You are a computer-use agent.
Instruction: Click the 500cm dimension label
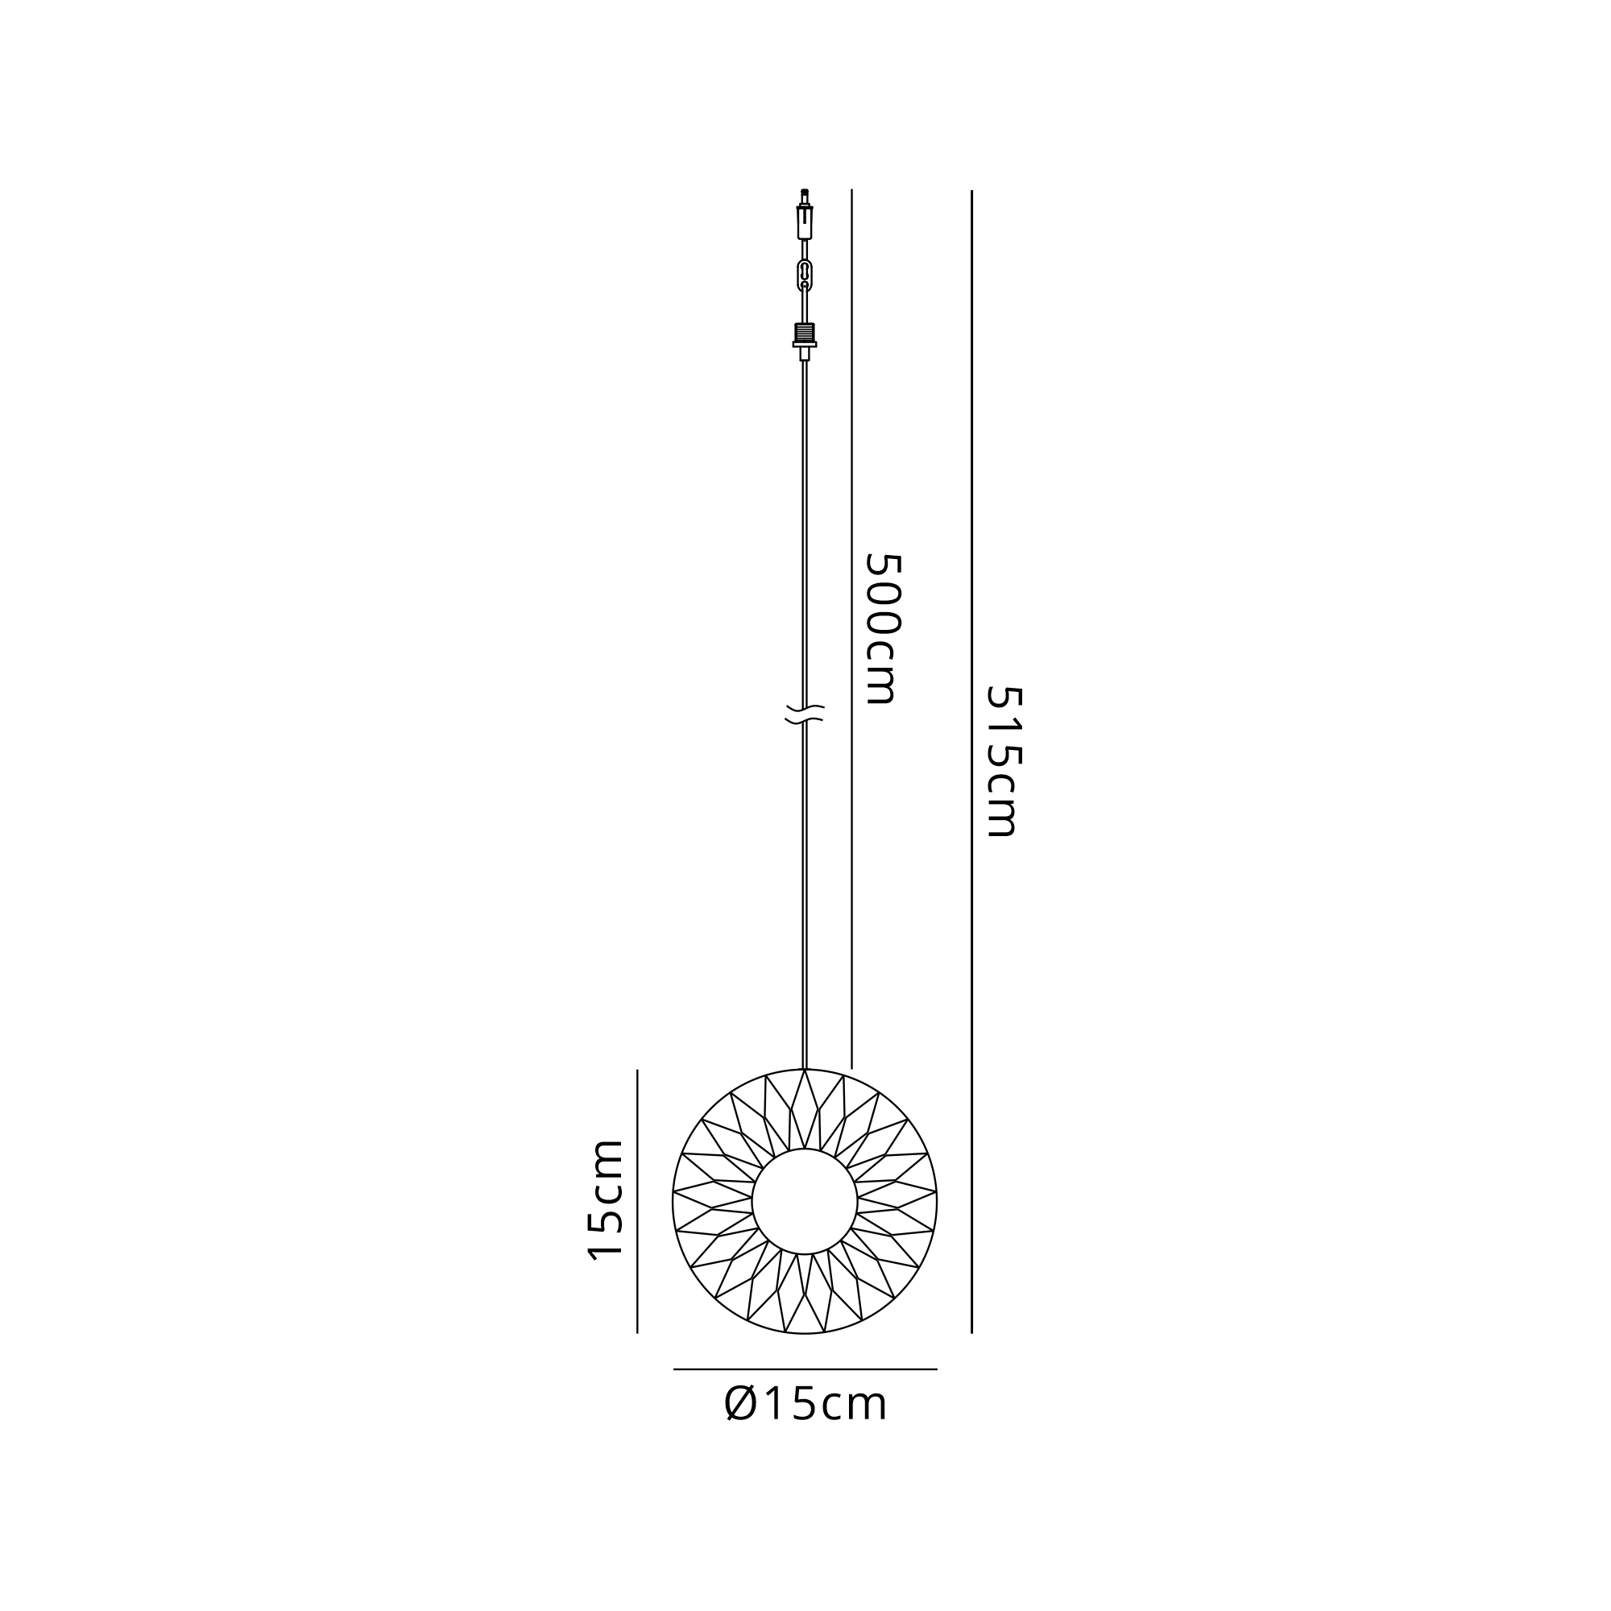[x=883, y=628]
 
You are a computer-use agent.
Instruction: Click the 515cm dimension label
[x=1003, y=760]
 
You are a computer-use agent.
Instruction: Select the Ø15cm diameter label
[x=805, y=1404]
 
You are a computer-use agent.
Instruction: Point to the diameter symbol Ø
[x=739, y=1404]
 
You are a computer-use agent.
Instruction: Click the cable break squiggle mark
[x=805, y=714]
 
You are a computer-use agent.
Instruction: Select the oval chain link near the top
[x=805, y=275]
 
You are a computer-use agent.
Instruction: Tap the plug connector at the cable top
[x=805, y=222]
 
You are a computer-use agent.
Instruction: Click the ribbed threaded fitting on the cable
[x=805, y=332]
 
